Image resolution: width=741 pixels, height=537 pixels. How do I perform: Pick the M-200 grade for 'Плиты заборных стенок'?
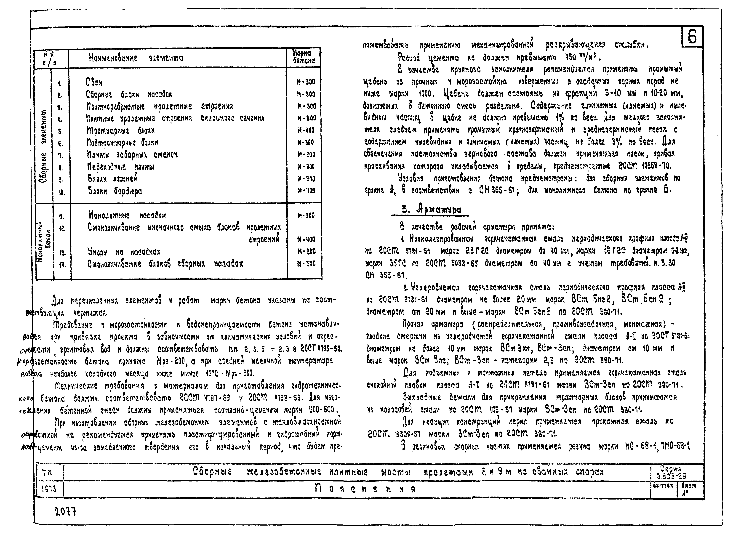coord(306,154)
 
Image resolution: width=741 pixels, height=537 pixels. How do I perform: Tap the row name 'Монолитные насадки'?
coord(127,215)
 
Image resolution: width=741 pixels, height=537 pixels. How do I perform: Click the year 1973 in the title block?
coord(49,489)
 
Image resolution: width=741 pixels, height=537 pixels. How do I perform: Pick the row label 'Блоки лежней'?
coord(113,179)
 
